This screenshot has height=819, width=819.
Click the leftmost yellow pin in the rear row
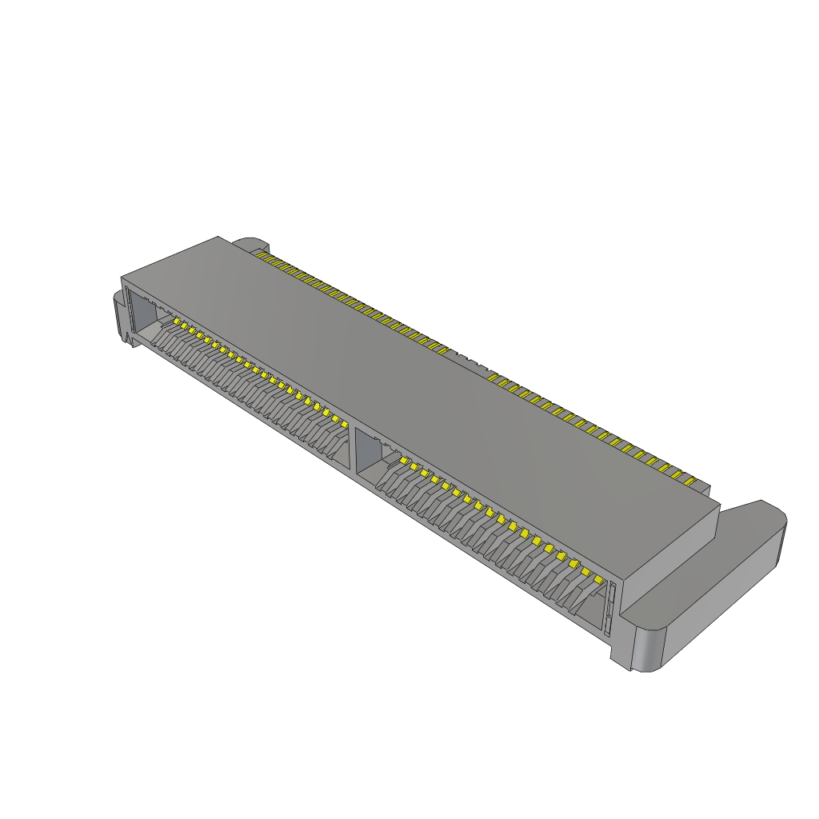(x=260, y=254)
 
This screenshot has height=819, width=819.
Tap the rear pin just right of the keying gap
(x=494, y=377)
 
